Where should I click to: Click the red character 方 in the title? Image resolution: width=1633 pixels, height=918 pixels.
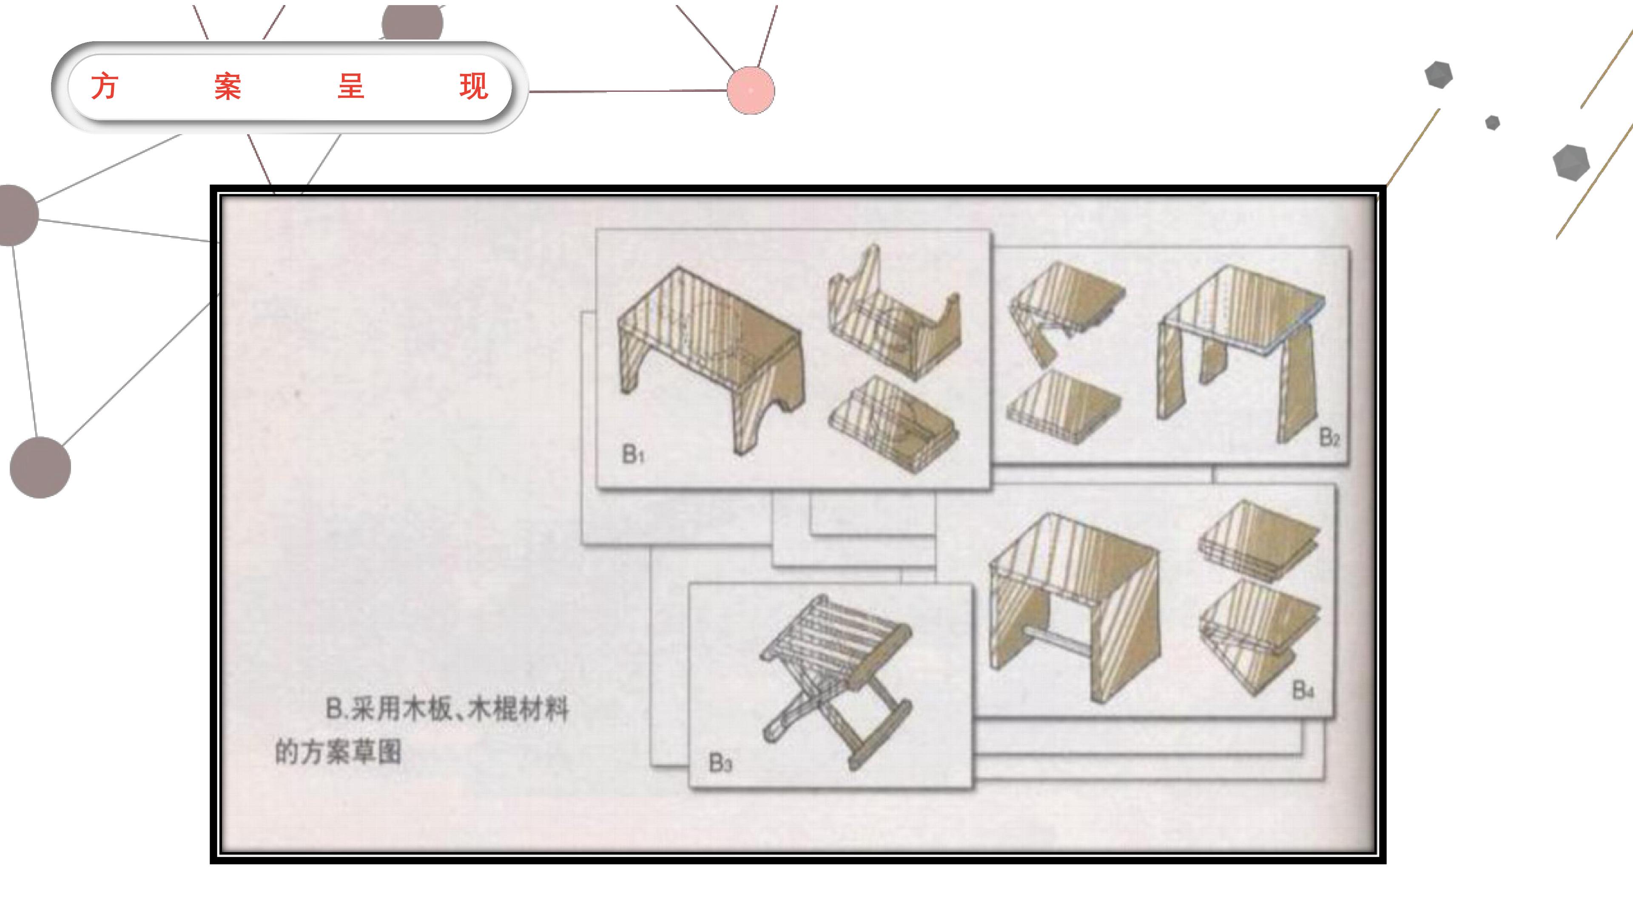point(105,86)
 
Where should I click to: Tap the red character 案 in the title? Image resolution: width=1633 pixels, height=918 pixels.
point(228,86)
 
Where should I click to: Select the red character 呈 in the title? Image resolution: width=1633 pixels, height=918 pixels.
point(350,86)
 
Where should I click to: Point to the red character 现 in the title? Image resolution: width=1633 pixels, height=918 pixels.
point(474,86)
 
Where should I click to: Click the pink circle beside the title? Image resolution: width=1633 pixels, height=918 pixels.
point(751,91)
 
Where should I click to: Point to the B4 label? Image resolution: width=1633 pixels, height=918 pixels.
point(1303,690)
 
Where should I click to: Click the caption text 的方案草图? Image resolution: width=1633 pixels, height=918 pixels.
point(338,752)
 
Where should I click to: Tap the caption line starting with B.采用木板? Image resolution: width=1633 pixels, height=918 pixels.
point(447,709)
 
